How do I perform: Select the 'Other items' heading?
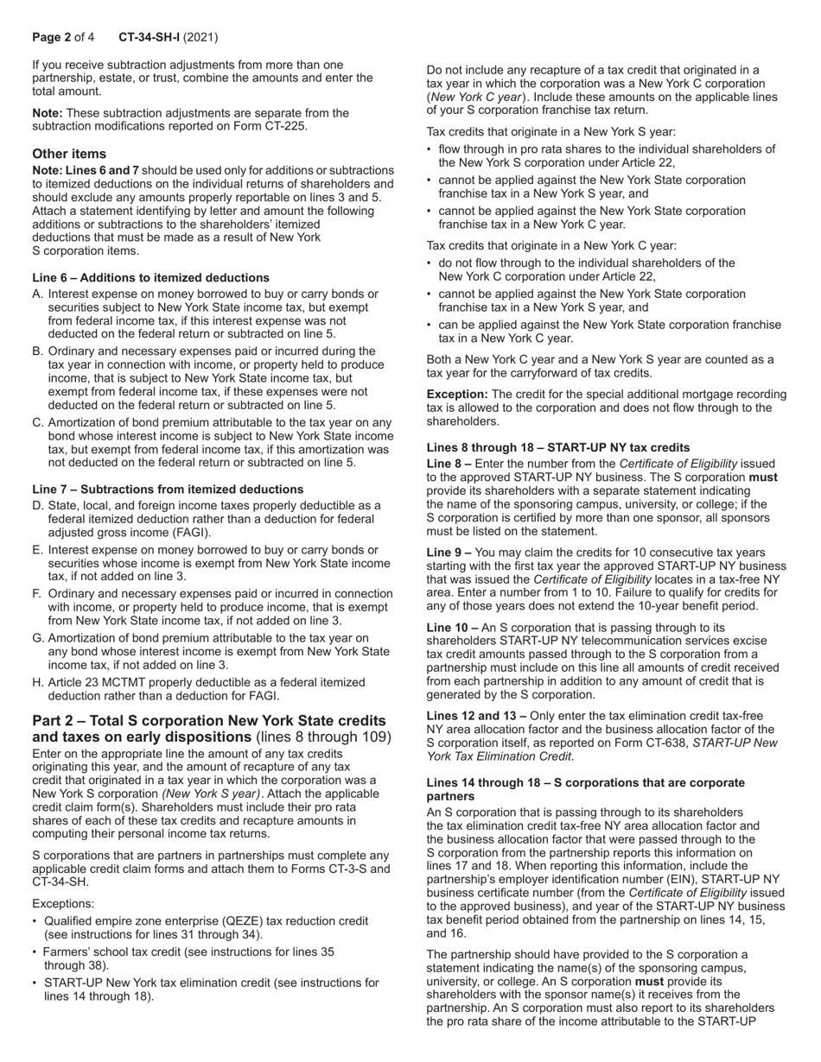pyautogui.click(x=69, y=154)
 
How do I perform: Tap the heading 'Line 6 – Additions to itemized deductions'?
pyautogui.click(x=150, y=277)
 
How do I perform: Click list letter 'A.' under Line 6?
pyautogui.click(x=38, y=294)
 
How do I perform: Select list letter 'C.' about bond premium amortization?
pyautogui.click(x=38, y=423)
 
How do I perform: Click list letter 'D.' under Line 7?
pyautogui.click(x=38, y=506)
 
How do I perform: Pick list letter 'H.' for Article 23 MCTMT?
pyautogui.click(x=38, y=682)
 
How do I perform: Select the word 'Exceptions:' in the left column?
pyautogui.click(x=63, y=903)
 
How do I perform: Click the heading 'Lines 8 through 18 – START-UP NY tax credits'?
pyautogui.click(x=558, y=447)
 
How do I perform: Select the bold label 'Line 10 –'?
pyautogui.click(x=452, y=628)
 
